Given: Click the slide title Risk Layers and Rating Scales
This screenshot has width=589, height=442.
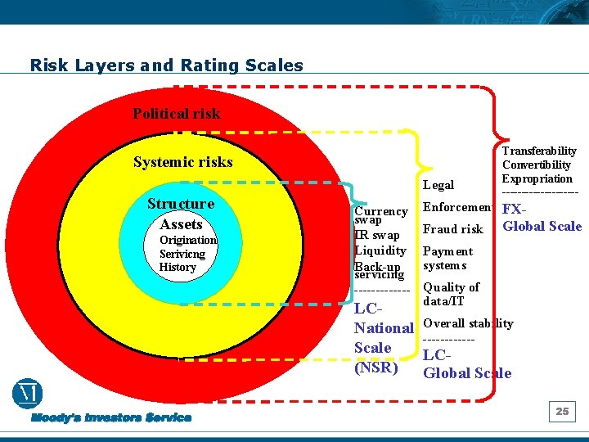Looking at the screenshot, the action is click(166, 65).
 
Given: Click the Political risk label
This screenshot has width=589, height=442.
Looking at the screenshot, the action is click(177, 114).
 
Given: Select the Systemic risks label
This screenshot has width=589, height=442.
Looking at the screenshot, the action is click(182, 162).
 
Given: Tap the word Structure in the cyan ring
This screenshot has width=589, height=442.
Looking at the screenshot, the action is click(181, 204).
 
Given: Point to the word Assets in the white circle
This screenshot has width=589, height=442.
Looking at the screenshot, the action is click(181, 224).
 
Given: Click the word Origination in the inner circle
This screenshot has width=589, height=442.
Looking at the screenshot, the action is click(188, 241).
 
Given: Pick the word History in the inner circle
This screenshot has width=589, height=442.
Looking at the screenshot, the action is click(178, 268).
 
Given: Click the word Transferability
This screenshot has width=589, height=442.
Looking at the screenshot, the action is click(539, 151).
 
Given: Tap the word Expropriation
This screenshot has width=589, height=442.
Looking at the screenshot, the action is click(537, 179).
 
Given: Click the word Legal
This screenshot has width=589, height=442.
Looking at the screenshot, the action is click(438, 186).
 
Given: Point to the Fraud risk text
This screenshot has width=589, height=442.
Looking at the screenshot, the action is click(452, 230).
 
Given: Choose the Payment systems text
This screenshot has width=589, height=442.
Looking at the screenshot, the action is click(447, 259).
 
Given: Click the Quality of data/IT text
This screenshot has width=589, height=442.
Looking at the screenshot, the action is click(451, 294).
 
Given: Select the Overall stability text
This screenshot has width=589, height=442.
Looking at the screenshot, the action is click(468, 323).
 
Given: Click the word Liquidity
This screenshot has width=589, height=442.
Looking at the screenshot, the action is click(380, 250).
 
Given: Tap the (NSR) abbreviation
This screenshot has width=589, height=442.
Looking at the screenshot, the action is click(375, 368).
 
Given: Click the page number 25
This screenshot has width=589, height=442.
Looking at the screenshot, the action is click(562, 412).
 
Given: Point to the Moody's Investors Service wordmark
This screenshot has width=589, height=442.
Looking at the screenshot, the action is click(111, 418).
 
